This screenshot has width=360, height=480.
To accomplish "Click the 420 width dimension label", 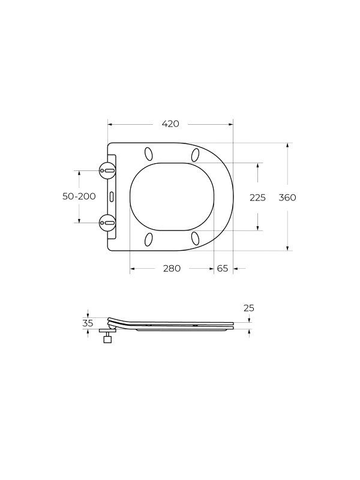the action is (170, 124).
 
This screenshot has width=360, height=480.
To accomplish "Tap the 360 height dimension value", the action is (287, 198).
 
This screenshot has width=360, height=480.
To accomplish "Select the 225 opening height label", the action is (257, 198).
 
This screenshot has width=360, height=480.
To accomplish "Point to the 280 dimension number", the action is (172, 268).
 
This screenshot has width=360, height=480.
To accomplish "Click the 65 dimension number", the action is (223, 268).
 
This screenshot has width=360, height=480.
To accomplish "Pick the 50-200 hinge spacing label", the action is (79, 196).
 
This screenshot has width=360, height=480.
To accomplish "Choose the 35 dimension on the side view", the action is (88, 323).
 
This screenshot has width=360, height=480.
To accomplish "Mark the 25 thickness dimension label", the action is (249, 308).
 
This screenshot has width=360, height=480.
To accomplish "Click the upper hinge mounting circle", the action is (107, 170).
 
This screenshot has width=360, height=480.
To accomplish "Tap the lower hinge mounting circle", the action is (107, 223).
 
